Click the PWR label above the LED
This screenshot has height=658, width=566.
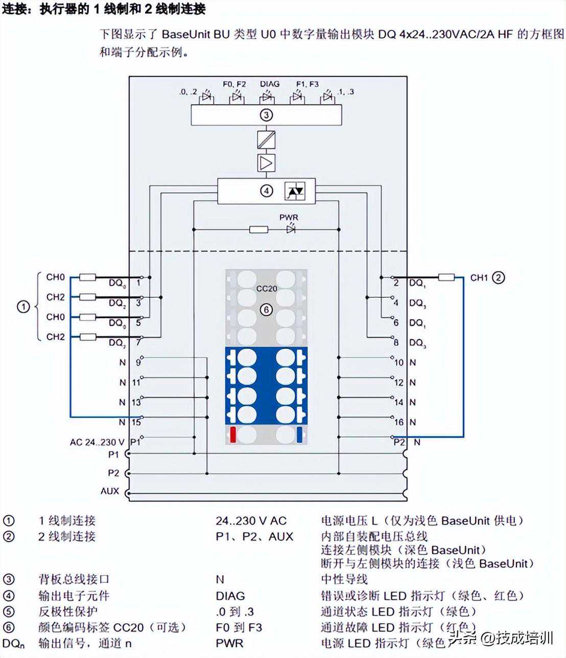(289, 217)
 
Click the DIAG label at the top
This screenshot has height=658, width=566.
(270, 84)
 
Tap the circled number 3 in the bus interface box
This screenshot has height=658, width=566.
(266, 115)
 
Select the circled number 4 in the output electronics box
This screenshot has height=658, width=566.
(267, 191)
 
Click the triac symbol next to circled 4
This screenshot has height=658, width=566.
(295, 191)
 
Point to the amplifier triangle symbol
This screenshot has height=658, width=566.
(266, 163)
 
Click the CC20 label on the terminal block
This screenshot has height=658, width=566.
(267, 288)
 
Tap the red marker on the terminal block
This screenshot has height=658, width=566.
(233, 434)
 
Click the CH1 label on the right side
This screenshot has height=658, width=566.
(479, 277)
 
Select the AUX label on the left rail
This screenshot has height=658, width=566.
(110, 491)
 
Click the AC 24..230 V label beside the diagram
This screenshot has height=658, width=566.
(97, 442)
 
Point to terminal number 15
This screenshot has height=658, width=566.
(136, 422)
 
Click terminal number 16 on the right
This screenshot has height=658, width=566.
(398, 422)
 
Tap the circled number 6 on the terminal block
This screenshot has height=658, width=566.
(266, 309)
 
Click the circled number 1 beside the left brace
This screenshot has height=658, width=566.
(23, 307)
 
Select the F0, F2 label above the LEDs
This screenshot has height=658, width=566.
(234, 84)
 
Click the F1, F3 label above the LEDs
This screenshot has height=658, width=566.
(307, 84)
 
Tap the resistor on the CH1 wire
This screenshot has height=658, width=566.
(446, 277)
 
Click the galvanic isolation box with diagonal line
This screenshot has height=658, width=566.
(266, 139)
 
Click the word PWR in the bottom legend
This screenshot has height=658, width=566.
(229, 643)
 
